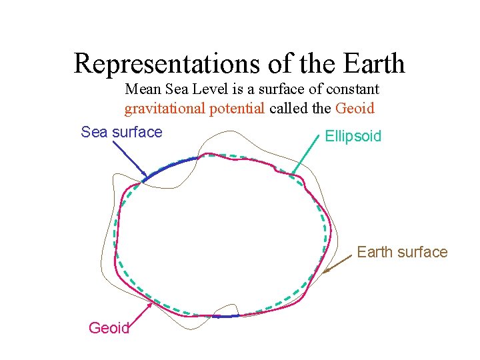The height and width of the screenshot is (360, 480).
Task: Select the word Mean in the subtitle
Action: point(142,89)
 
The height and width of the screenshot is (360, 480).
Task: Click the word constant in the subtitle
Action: point(354,89)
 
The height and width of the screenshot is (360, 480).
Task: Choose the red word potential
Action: point(235,109)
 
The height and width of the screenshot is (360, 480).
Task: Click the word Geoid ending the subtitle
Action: point(355,109)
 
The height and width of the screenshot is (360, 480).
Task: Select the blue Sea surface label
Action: point(121,132)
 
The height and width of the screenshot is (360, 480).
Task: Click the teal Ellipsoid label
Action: point(353,137)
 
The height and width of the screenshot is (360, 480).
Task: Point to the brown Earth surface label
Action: point(401,252)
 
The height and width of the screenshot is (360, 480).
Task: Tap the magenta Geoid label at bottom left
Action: point(109,327)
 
